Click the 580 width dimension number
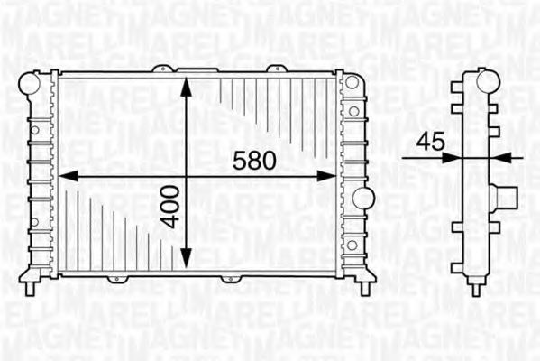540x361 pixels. click(x=254, y=161)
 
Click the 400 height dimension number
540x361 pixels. click(x=171, y=207)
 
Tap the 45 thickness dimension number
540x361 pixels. click(x=430, y=142)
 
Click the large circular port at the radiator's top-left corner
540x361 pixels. click(x=30, y=83)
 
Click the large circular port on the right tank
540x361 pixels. click(x=363, y=199)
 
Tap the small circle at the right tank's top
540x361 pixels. click(x=352, y=82)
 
